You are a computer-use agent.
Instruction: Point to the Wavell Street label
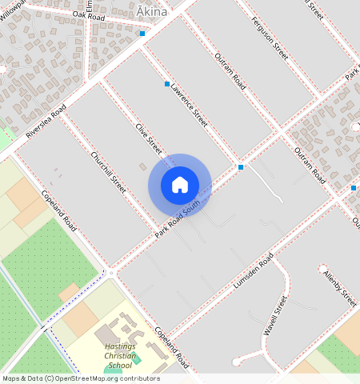tap(275, 315)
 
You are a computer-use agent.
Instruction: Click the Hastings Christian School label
tap(119, 353)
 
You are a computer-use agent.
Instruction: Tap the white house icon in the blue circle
tap(180, 185)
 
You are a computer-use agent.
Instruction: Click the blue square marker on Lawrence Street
tap(167, 84)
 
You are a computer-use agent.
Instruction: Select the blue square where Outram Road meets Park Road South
tap(241, 167)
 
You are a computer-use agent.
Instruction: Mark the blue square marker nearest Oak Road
tap(142, 34)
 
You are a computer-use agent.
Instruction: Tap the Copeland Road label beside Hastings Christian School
tap(170, 347)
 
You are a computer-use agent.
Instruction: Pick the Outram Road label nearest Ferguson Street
tap(230, 69)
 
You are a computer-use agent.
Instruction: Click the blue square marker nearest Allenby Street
tap(354, 187)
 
